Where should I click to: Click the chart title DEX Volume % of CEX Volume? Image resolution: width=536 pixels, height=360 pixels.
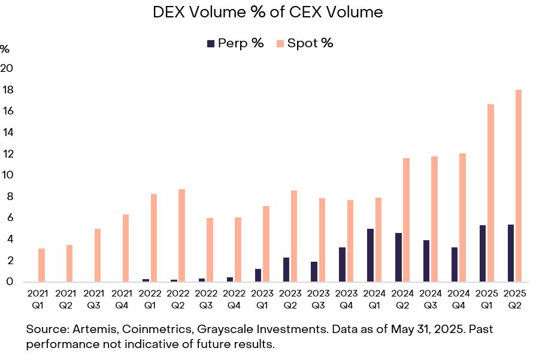[268, 12]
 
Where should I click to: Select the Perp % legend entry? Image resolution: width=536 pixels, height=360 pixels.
[235, 43]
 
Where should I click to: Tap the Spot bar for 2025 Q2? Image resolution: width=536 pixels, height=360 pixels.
[519, 186]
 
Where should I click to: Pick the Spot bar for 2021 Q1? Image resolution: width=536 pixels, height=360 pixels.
[41, 265]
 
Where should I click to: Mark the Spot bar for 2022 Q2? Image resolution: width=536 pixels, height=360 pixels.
[181, 235]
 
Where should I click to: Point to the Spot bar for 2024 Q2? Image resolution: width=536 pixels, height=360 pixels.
[406, 220]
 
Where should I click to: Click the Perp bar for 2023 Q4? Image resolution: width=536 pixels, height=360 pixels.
[343, 264]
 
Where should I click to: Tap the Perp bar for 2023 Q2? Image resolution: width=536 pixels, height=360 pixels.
[286, 270]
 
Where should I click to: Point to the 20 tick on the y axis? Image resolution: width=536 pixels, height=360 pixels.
[7, 68]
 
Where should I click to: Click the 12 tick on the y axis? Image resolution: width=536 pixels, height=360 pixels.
[7, 154]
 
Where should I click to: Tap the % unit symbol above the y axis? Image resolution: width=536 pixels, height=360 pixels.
[5, 49]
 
